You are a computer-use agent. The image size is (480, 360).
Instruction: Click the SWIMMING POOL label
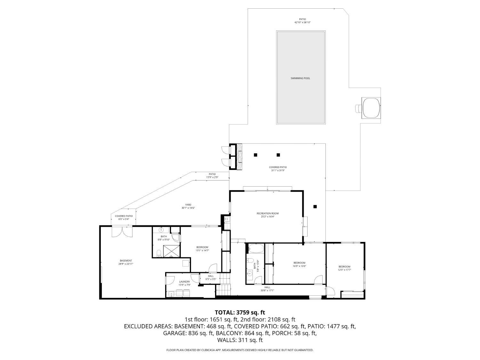[x=300, y=78]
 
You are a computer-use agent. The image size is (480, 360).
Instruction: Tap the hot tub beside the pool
[x=371, y=108]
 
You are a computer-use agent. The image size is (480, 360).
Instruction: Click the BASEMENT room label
[x=126, y=261]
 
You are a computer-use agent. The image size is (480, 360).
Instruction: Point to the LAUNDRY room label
[x=184, y=282]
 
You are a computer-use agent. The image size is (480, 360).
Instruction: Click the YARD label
[x=188, y=205]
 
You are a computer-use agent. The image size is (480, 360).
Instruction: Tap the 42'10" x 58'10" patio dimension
[x=302, y=23]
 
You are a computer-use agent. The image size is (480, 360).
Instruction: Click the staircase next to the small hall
[x=223, y=288]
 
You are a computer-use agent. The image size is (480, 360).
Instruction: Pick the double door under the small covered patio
[x=122, y=232]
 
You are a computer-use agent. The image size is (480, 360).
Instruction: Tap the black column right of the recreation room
[x=315, y=207]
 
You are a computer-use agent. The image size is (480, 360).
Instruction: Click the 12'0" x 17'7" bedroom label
[x=344, y=267]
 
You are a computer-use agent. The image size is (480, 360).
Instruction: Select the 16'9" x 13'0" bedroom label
[x=299, y=263]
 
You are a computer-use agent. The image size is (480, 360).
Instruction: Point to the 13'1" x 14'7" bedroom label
[x=202, y=247]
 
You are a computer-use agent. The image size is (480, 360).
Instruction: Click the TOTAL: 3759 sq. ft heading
[x=240, y=312]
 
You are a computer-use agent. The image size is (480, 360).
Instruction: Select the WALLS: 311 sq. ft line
[x=240, y=340]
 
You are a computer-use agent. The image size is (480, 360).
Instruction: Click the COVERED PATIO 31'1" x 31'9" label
[x=277, y=167]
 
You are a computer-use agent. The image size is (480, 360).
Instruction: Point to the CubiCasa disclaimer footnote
[x=240, y=350]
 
